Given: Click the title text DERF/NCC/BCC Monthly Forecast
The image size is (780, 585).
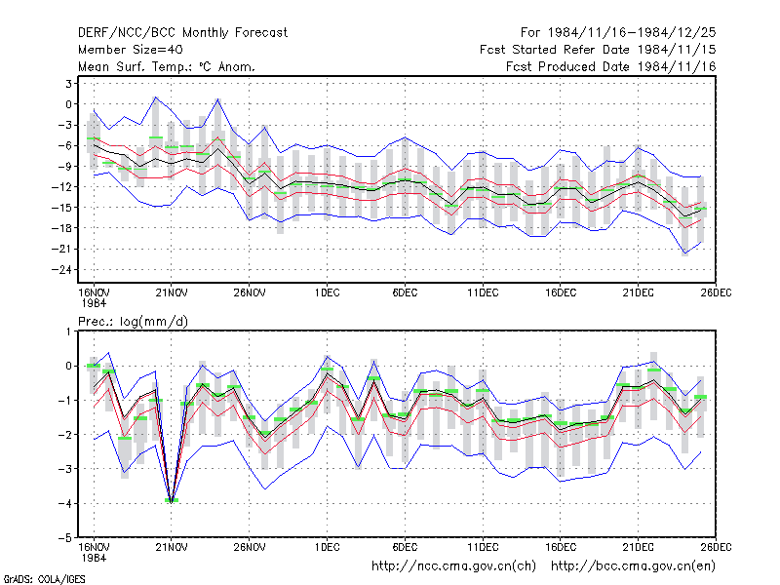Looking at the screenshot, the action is pyautogui.click(x=182, y=33).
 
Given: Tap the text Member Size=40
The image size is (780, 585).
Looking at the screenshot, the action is pyautogui.click(x=131, y=50).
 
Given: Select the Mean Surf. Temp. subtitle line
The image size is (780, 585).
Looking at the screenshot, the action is pyautogui.click(x=167, y=66).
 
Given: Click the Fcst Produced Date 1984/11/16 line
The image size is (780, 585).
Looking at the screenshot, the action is pyautogui.click(x=611, y=66).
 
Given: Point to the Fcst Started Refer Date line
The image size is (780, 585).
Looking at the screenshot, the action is pyautogui.click(x=598, y=50).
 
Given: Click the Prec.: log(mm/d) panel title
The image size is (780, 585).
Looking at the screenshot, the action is pyautogui.click(x=133, y=322).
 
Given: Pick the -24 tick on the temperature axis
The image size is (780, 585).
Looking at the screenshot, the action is pyautogui.click(x=61, y=270).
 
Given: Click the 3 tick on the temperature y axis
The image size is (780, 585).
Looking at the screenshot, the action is pyautogui.click(x=68, y=84).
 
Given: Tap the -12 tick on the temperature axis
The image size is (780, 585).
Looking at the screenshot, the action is pyautogui.click(x=61, y=187).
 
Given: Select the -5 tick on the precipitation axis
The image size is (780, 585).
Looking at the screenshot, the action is pyautogui.click(x=65, y=538).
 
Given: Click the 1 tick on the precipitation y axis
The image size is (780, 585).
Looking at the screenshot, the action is pyautogui.click(x=68, y=331).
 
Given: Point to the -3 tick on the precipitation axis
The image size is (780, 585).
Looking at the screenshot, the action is pyautogui.click(x=65, y=469).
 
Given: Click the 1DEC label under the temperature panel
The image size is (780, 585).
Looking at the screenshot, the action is pyautogui.click(x=327, y=293).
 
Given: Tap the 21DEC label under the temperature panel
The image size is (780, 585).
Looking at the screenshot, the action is pyautogui.click(x=639, y=293).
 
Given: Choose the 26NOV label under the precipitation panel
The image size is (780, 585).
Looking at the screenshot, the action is pyautogui.click(x=250, y=548).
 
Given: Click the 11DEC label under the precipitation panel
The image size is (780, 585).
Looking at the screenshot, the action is pyautogui.click(x=483, y=548).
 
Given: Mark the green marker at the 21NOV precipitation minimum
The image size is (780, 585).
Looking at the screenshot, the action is pyautogui.click(x=172, y=500).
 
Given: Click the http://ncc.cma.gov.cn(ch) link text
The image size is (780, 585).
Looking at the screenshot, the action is pyautogui.click(x=453, y=566).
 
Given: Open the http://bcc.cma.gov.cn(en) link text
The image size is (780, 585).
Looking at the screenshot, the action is pyautogui.click(x=633, y=566).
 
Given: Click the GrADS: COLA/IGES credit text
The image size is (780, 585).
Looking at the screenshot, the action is pyautogui.click(x=44, y=579).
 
